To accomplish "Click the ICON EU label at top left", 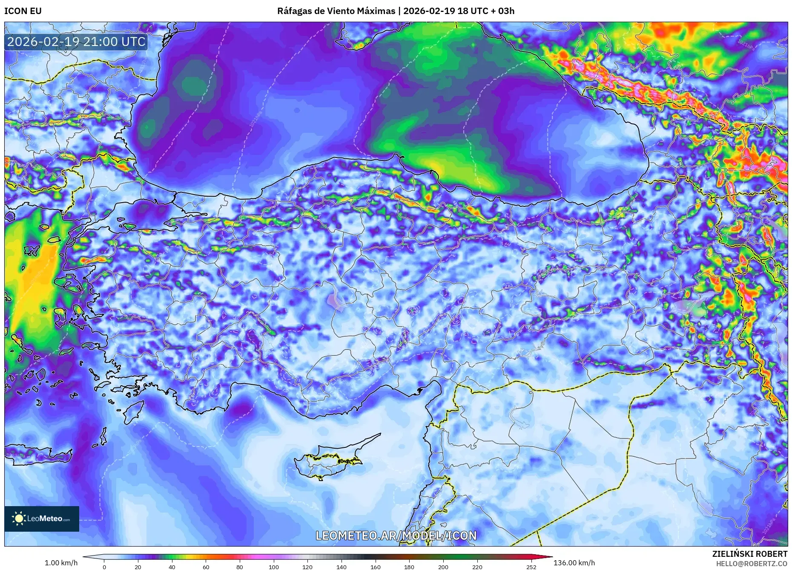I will tap(23, 11).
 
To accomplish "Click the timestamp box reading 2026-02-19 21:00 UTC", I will tap(77, 42).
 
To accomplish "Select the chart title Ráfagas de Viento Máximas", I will tap(336, 11).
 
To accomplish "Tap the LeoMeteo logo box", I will tap(42, 518).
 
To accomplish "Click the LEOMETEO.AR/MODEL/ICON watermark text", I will tap(396, 536).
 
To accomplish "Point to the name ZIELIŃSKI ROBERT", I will tap(750, 554).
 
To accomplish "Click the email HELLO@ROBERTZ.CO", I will tap(752, 564).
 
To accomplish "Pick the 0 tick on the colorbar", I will tap(104, 567).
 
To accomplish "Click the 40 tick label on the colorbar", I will tap(172, 567).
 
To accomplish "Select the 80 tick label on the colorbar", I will tap(240, 567).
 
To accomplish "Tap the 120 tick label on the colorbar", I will tap(307, 567).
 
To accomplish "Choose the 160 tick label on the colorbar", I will tap(375, 567).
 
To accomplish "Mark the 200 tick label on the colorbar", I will tap(443, 567).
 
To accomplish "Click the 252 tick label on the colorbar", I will tap(531, 567).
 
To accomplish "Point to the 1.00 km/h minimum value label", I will tap(61, 563).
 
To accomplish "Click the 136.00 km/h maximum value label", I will tap(574, 563).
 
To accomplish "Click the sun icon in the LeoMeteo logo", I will tap(19, 518).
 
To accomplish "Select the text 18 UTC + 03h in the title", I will tap(486, 11).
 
